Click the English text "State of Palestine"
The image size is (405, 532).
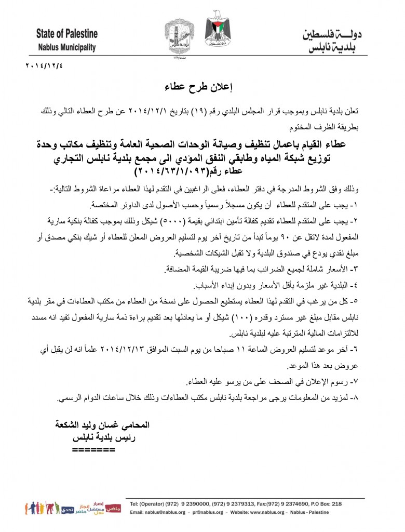point(66,35)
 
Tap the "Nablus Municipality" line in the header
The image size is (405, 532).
point(66,47)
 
